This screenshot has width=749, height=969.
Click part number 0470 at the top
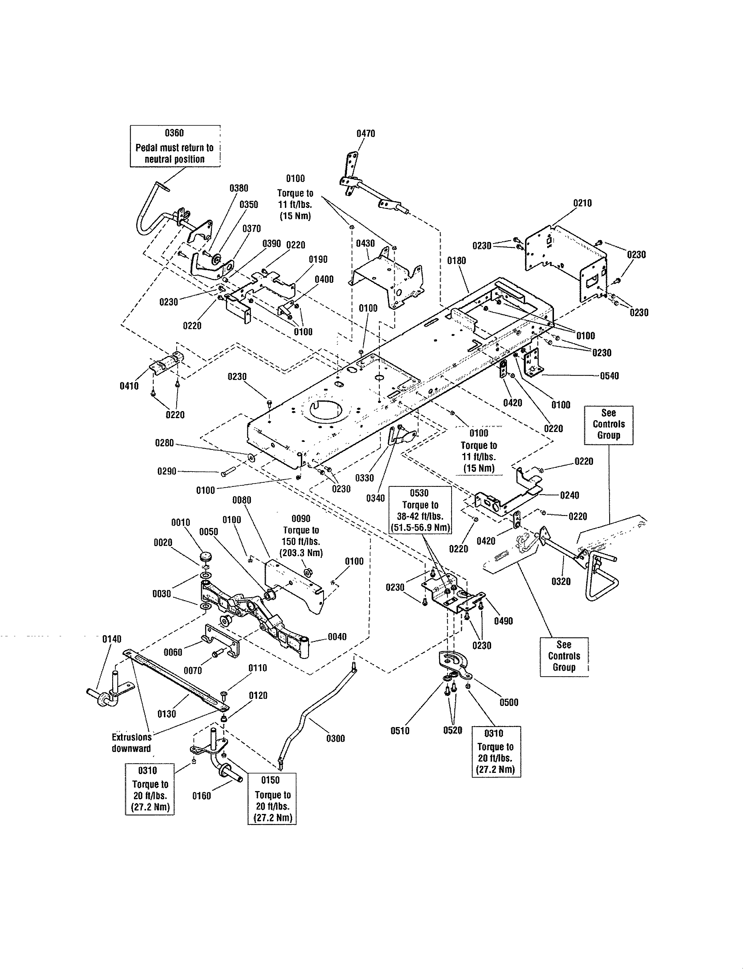[x=366, y=134]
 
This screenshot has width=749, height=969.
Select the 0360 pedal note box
[x=175, y=147]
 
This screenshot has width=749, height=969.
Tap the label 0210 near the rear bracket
[x=582, y=203]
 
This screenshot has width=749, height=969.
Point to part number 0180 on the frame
[x=456, y=261]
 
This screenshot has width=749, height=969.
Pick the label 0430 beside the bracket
[x=365, y=244]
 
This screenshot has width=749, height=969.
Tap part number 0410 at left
[x=129, y=386]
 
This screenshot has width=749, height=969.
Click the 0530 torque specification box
[x=420, y=510]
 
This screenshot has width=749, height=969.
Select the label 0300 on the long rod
[x=335, y=738]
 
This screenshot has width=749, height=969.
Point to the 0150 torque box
[x=272, y=799]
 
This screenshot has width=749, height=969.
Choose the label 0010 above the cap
[x=181, y=523]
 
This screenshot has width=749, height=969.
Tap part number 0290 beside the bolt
[x=167, y=471]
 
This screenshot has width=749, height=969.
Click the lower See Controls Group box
[x=564, y=656]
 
